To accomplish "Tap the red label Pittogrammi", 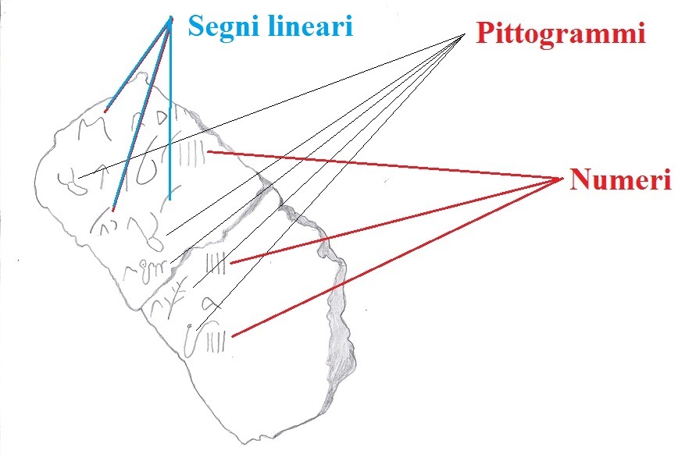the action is pyautogui.click(x=559, y=34).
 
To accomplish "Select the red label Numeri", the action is pyautogui.click(x=620, y=180).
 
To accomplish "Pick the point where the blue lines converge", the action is pyautogui.click(x=169, y=20).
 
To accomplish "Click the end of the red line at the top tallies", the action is pyautogui.click(x=208, y=151).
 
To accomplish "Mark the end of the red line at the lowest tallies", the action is pyautogui.click(x=234, y=335).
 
